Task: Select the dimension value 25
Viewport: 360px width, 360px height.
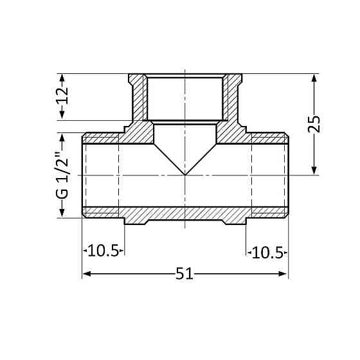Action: tap(314, 123)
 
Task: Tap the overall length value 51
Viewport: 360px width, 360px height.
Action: tap(184, 273)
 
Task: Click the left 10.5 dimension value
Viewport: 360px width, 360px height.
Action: tap(103, 251)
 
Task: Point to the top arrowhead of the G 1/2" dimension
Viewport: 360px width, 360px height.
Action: tap(62, 138)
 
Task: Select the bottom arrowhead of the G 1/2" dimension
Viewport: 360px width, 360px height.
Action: tap(62, 213)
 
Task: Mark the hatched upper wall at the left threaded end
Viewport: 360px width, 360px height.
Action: tap(101, 138)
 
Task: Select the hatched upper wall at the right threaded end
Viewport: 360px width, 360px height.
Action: tap(269, 138)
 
